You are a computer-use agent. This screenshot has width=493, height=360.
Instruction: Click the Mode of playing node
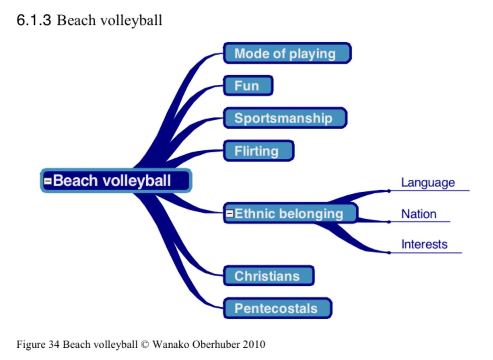[287, 53]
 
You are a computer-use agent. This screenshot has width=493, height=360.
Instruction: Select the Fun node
[248, 86]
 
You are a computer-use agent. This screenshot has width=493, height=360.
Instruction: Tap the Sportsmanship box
[285, 118]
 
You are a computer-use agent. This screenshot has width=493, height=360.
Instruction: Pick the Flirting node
[258, 151]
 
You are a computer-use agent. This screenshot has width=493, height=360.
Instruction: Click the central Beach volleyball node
[116, 181]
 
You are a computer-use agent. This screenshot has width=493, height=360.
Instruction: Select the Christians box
[269, 276]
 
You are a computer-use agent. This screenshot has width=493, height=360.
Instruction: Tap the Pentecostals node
[277, 308]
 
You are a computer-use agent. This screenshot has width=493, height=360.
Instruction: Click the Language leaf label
[428, 183]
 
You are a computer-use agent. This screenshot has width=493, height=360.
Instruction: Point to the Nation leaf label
[419, 214]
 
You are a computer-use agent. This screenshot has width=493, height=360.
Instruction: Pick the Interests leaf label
[424, 245]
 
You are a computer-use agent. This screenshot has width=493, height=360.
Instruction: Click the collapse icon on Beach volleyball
[48, 181]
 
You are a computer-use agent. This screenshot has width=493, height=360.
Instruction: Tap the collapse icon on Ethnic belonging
[230, 213]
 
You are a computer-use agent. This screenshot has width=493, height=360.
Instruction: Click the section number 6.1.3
[34, 20]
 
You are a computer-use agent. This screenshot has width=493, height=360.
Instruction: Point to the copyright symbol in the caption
[144, 344]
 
